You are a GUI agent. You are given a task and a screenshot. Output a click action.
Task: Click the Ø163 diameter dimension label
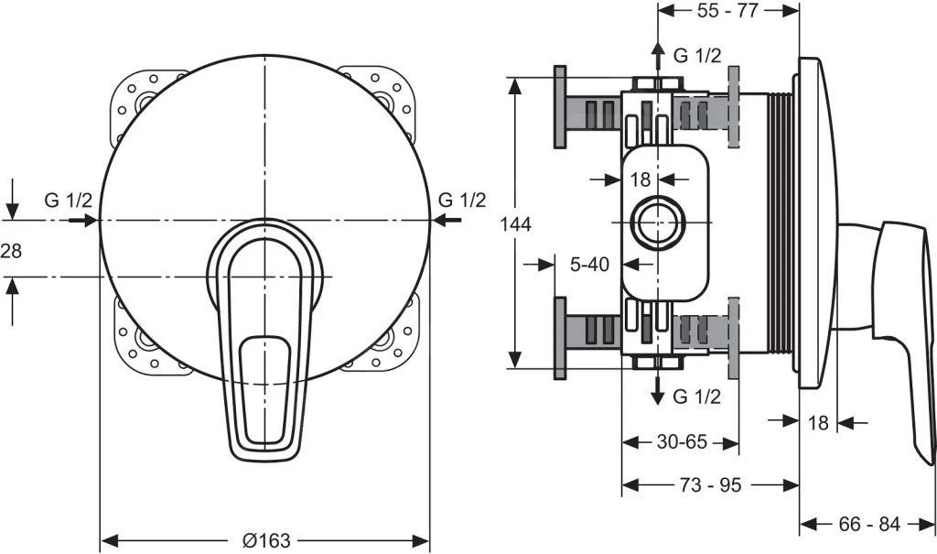(x=265, y=540)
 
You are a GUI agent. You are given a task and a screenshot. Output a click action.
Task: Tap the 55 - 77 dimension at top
(x=729, y=11)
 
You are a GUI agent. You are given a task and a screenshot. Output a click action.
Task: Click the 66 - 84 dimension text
(x=869, y=525)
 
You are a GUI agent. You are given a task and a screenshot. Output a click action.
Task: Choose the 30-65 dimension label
(x=680, y=442)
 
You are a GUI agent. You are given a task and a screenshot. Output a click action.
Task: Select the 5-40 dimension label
(x=589, y=265)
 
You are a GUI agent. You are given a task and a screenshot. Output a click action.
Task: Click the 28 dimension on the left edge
(x=11, y=251)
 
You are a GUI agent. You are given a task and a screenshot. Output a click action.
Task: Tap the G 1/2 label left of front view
(x=69, y=201)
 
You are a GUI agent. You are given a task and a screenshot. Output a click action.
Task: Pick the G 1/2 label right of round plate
(x=462, y=201)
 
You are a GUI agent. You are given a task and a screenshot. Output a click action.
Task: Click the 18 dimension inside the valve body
(x=640, y=179)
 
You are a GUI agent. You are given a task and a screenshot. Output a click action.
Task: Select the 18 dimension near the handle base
(x=818, y=422)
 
